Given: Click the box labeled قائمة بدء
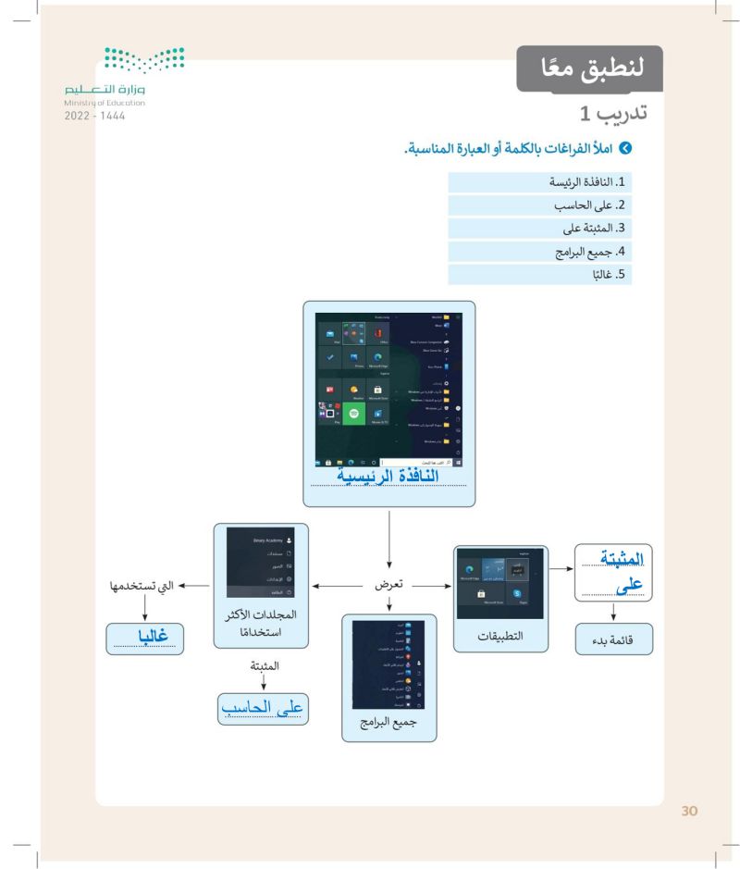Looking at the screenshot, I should (x=615, y=639).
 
